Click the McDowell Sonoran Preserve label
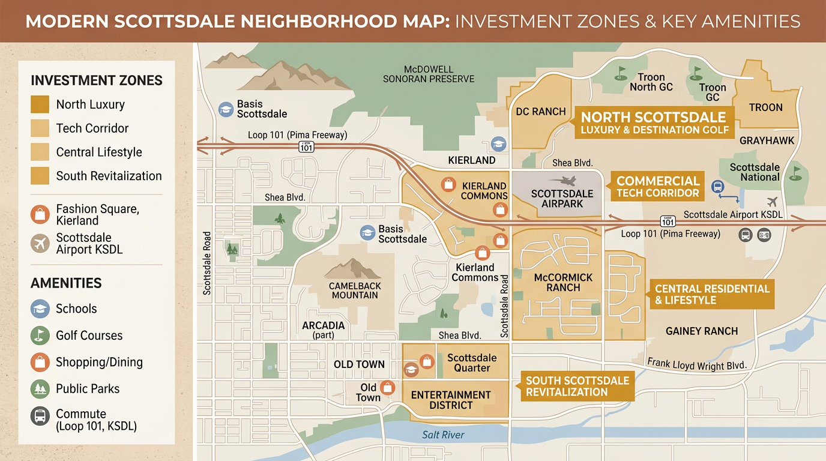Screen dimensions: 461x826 point(429,74)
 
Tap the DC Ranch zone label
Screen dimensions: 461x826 point(541,111)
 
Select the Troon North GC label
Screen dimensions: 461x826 point(651,82)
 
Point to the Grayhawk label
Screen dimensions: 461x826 point(767,140)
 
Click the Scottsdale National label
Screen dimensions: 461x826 point(755,172)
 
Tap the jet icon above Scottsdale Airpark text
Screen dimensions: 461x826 point(562,180)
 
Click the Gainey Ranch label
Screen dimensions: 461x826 point(702,331)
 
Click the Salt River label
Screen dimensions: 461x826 point(443,435)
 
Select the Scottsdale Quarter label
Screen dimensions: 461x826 point(472,363)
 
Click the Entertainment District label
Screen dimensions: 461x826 point(451,400)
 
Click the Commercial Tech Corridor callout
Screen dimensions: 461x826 point(658,187)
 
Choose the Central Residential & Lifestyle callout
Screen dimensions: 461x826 point(712,294)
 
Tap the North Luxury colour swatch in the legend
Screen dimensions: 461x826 point(40,104)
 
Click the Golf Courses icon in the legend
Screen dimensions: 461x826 point(40,336)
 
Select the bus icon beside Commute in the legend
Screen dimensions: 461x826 point(40,416)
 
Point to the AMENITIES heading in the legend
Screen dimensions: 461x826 point(66,283)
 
